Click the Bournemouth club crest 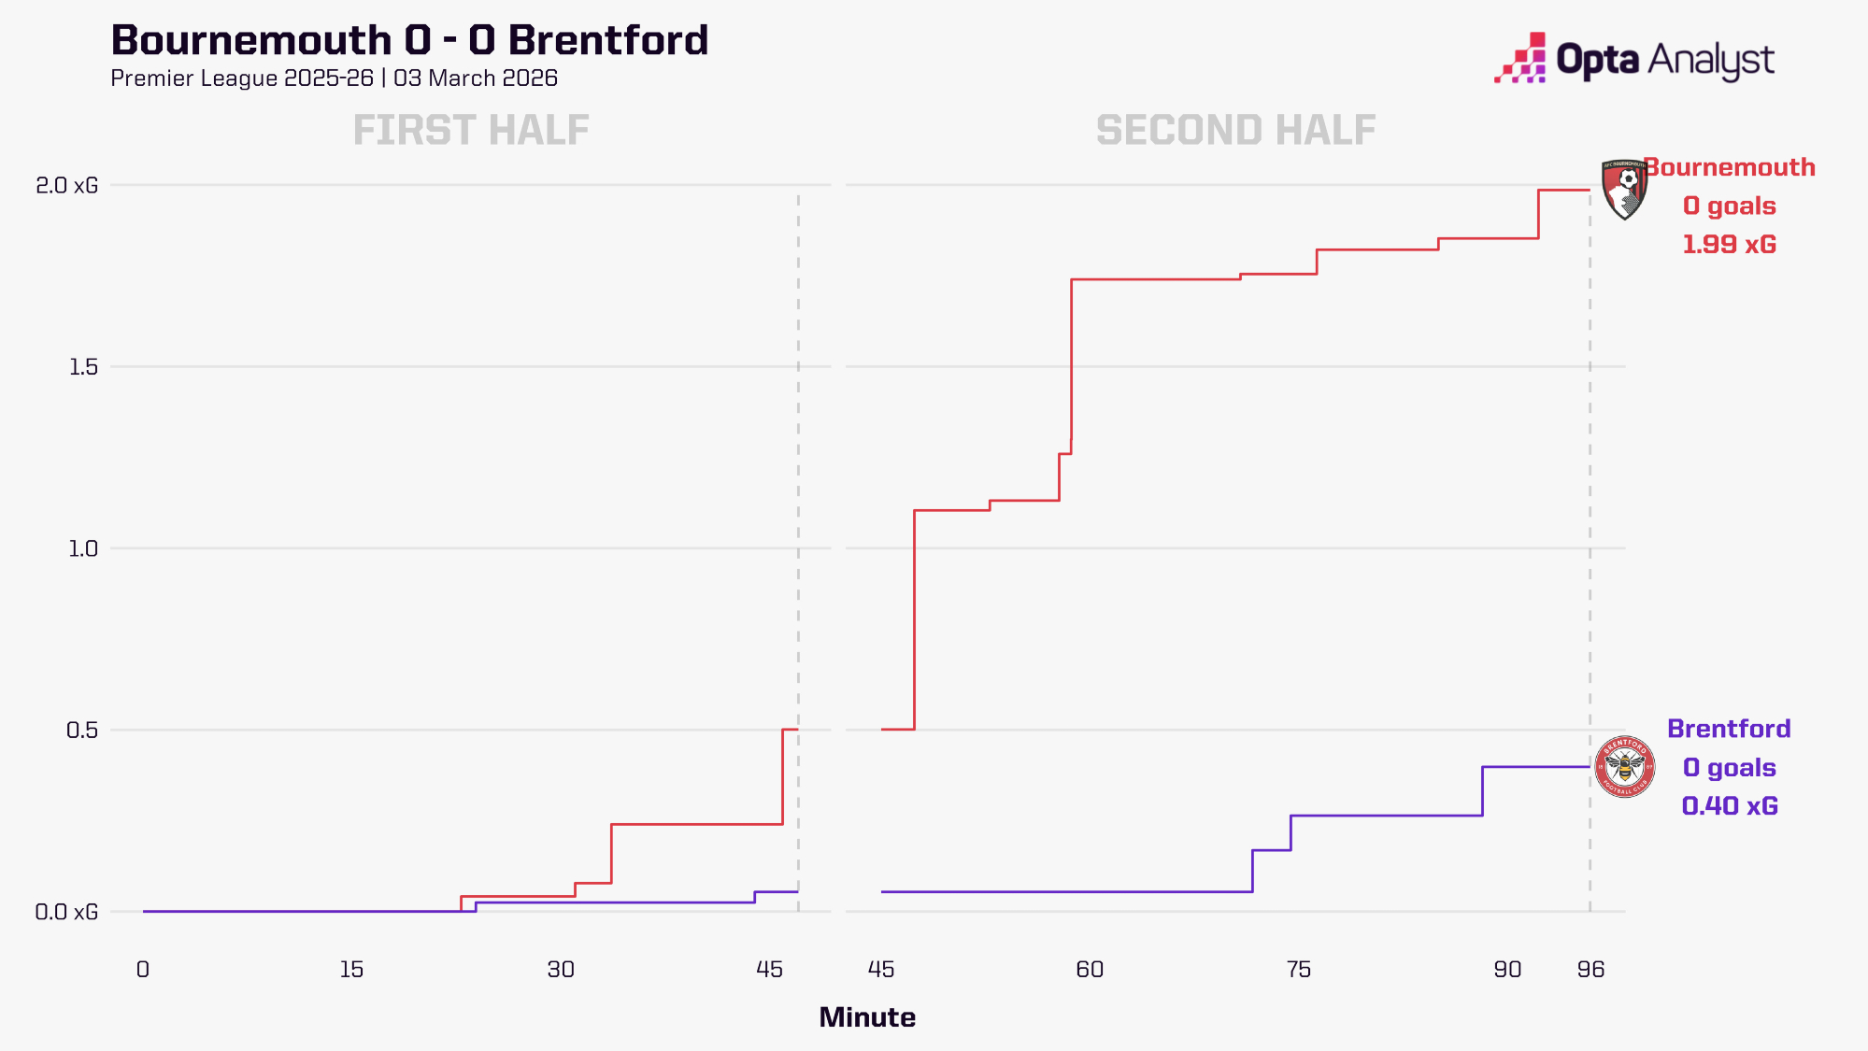point(1623,190)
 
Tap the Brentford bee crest point(1624,767)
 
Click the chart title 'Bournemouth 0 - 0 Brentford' point(409,40)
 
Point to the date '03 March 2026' point(475,78)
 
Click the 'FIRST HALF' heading point(471,131)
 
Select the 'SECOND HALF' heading point(1235,131)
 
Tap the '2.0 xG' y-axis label point(66,185)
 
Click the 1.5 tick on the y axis point(83,367)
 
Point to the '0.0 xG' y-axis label point(66,912)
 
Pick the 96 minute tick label point(1590,970)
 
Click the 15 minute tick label point(351,970)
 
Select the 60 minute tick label point(1090,970)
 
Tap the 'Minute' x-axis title point(867,1017)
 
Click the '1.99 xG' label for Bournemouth point(1729,245)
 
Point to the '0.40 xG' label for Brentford point(1730,806)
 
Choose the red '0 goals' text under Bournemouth point(1729,206)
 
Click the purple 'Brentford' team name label point(1729,729)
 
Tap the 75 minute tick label point(1299,970)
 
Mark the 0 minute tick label point(143,970)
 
